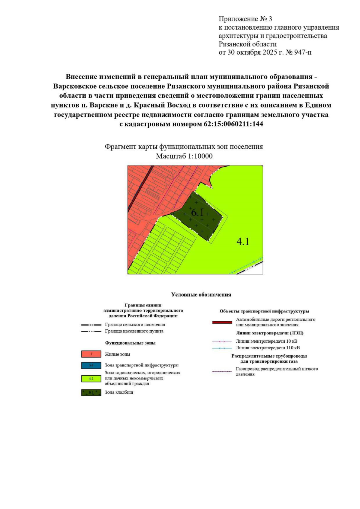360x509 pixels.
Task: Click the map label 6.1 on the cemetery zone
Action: tap(198, 213)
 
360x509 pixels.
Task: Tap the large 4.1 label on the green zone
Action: tap(243, 241)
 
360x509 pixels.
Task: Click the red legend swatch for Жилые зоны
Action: tap(91, 354)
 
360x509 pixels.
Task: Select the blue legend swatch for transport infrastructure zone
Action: tap(91, 365)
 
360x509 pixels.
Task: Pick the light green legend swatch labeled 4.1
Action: tap(91, 378)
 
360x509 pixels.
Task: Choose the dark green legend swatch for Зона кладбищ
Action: tap(91, 392)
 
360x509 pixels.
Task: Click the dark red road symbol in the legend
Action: tap(222, 322)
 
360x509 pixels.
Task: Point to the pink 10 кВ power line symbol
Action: tap(222, 341)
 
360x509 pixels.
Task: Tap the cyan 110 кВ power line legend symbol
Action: tap(222, 348)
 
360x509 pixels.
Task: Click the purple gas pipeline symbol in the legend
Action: tap(222, 371)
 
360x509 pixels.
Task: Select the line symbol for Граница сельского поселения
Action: tap(91, 325)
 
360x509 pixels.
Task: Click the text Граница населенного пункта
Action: tap(134, 331)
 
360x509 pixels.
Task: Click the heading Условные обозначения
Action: tap(201, 295)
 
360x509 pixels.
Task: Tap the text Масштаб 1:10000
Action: tap(184, 156)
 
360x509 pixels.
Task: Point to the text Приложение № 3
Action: tap(245, 19)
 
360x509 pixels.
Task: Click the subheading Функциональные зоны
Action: tap(130, 343)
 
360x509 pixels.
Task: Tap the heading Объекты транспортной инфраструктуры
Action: tap(264, 311)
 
